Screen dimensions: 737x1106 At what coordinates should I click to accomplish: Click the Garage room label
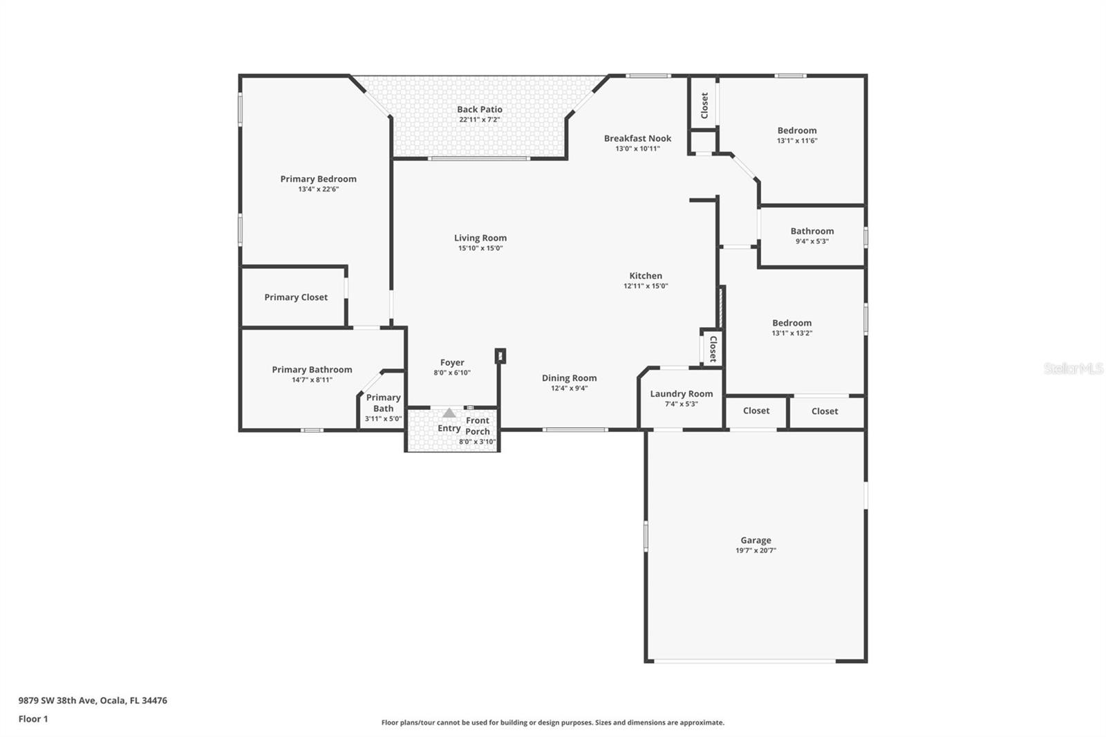pos(756,540)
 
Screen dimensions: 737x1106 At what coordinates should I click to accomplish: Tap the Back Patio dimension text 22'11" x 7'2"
pos(479,120)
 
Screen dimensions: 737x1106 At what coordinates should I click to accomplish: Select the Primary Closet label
pos(296,297)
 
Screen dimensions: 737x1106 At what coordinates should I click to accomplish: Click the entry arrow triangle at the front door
pos(449,413)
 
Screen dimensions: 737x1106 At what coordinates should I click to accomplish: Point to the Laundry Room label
pos(681,393)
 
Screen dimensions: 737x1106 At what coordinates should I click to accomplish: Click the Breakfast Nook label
pos(637,138)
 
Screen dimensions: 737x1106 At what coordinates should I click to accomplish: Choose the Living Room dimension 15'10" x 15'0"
pos(480,248)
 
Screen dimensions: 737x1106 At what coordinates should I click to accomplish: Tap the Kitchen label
pos(646,276)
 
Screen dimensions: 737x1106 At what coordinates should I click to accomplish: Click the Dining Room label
pos(569,377)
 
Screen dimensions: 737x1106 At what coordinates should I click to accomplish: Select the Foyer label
pos(452,362)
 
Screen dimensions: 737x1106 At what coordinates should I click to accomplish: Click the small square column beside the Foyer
pos(500,355)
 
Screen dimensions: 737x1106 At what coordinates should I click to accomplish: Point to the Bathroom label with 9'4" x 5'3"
pos(812,231)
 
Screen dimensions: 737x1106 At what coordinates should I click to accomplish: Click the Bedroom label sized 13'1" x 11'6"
pos(797,130)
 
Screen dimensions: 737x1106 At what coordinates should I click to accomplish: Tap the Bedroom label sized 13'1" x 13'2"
pos(791,323)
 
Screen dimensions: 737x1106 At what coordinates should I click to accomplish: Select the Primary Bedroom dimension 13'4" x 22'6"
pos(319,189)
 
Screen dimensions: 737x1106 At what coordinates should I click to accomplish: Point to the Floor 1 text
pos(33,719)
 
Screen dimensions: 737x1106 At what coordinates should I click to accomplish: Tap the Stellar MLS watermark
pos(1073,368)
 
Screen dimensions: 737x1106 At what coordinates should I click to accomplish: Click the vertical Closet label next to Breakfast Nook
pos(704,106)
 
